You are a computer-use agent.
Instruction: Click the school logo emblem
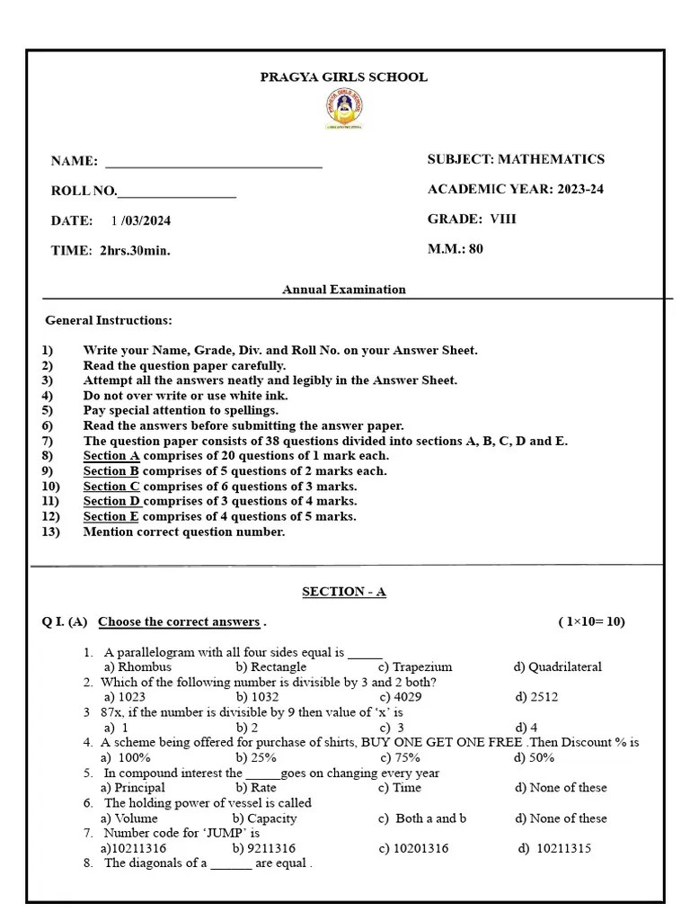click(343, 111)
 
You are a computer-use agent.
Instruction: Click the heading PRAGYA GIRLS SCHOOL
click(343, 77)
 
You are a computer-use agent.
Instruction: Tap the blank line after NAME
click(214, 165)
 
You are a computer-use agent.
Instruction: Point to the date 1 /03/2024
click(141, 220)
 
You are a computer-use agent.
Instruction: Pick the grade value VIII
click(503, 219)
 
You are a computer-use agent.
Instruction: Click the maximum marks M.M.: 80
click(455, 249)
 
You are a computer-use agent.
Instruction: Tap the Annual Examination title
click(344, 290)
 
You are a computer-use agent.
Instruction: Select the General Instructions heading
click(109, 320)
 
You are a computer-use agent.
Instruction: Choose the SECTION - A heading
click(344, 592)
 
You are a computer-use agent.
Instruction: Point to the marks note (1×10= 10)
click(591, 621)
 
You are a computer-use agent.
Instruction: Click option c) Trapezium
click(414, 667)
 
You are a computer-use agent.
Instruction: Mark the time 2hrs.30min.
click(135, 251)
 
